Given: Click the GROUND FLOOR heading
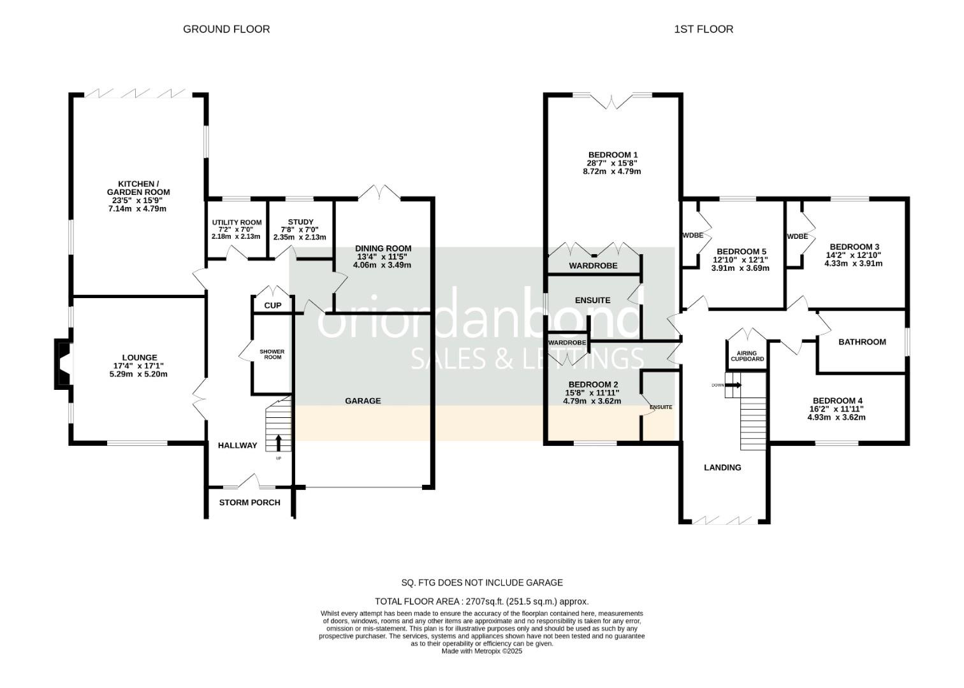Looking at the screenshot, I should click(x=226, y=29).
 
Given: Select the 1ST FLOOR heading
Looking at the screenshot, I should click(x=703, y=29).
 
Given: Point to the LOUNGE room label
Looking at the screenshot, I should click(x=140, y=358).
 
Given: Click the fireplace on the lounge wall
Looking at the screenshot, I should click(x=62, y=364).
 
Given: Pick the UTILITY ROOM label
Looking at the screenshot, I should click(x=237, y=222).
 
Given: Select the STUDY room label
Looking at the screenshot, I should click(x=300, y=222).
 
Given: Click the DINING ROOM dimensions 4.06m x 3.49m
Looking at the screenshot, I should click(x=383, y=265).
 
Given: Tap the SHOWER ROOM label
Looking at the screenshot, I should click(x=272, y=354).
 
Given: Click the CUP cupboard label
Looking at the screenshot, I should click(x=273, y=306).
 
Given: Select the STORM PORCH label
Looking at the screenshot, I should click(x=249, y=503).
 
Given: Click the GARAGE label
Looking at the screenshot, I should click(x=363, y=401).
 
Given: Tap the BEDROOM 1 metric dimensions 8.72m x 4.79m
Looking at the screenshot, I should click(x=613, y=171).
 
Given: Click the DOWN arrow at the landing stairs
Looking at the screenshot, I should click(x=733, y=385).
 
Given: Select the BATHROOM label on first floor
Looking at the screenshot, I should click(x=862, y=342).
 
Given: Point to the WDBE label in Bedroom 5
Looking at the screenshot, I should click(x=692, y=235).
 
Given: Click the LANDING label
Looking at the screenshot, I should click(x=722, y=468).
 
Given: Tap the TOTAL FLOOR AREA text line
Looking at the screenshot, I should click(x=482, y=601).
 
